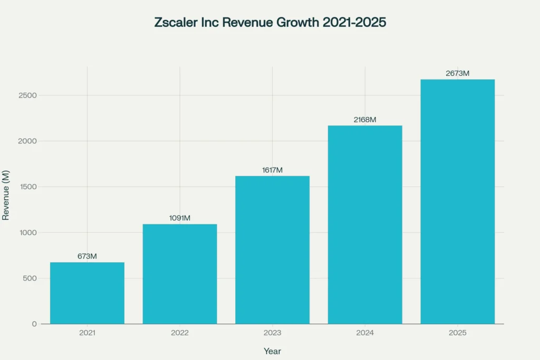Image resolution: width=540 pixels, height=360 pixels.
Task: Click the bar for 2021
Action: [x=87, y=293]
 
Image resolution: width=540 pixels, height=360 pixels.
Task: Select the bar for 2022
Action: [x=180, y=274]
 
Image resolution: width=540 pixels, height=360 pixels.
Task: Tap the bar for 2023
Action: [x=272, y=250]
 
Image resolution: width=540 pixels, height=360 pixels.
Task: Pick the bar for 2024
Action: [x=365, y=225]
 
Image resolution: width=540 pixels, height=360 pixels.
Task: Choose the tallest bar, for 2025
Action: [x=457, y=201]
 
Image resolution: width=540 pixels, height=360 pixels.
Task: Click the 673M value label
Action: [x=87, y=256]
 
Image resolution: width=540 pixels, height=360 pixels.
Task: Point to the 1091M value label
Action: [x=180, y=218]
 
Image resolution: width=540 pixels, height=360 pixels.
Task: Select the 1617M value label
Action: [x=272, y=170]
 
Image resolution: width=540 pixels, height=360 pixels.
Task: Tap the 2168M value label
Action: [x=365, y=120]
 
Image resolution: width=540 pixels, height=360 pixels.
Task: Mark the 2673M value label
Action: [x=457, y=73]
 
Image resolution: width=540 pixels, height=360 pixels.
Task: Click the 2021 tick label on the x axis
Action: [x=87, y=333]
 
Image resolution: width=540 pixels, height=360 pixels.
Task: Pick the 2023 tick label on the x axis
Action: [x=272, y=333]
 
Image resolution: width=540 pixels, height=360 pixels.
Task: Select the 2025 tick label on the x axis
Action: [x=457, y=333]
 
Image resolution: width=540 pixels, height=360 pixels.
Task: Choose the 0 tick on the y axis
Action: [x=34, y=324]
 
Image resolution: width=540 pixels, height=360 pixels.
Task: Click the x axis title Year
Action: [x=272, y=351]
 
